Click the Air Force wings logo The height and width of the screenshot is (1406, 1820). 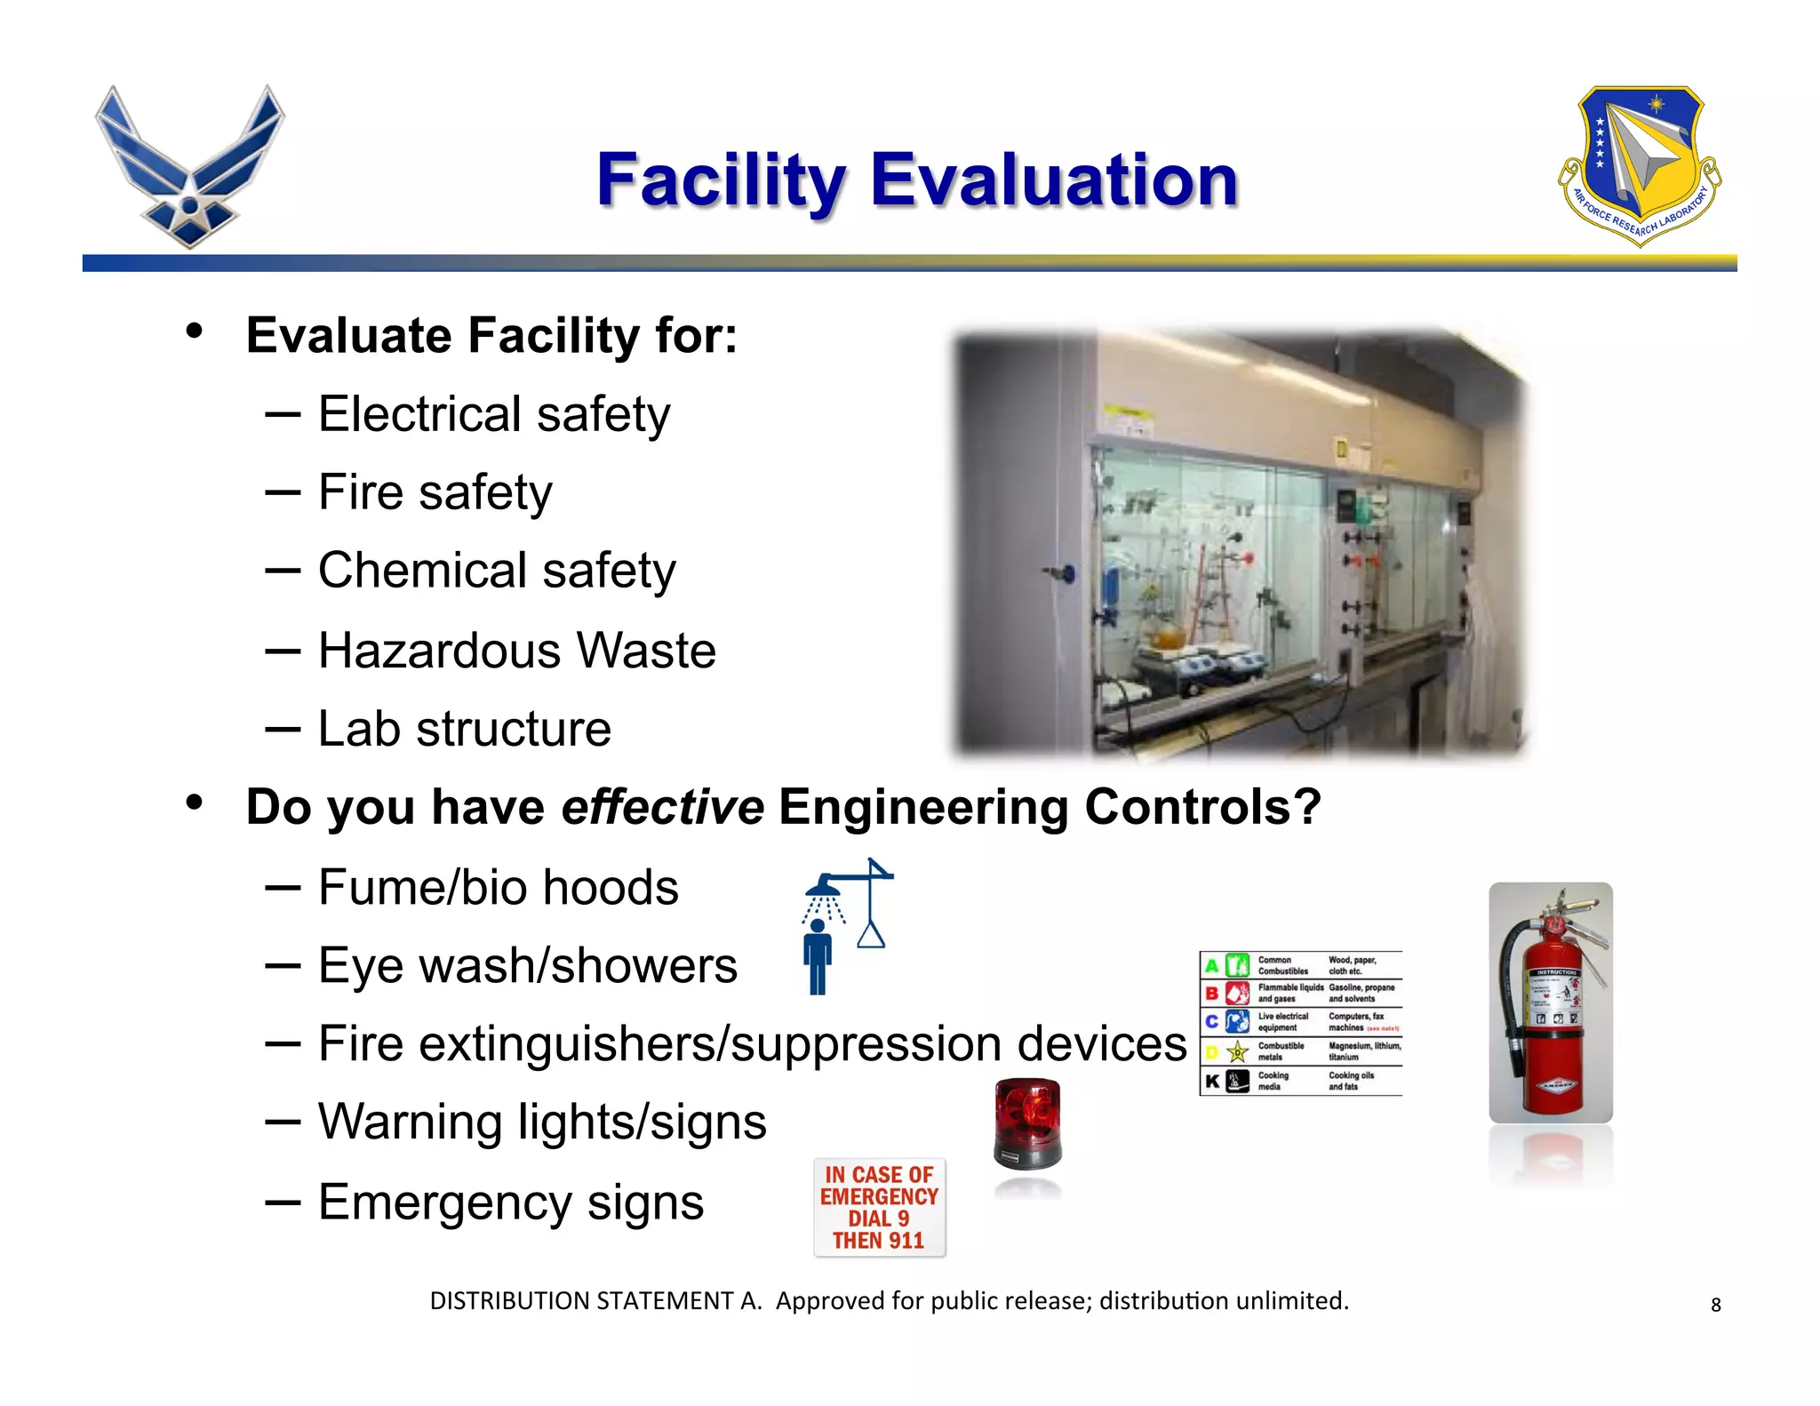coord(189,167)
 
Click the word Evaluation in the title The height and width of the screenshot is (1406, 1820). coord(1054,180)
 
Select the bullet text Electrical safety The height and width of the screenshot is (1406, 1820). coord(494,414)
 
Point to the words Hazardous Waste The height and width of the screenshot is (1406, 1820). coord(517,651)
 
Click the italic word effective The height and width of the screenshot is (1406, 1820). coord(662,807)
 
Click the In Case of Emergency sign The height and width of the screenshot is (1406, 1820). coord(879,1207)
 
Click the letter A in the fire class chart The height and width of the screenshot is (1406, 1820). coord(1211,966)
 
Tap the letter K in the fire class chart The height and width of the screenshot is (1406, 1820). coord(1211,1082)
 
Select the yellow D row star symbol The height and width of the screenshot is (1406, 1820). coord(1237,1053)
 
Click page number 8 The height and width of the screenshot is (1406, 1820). coord(1716,1305)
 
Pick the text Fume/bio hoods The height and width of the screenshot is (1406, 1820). coord(499,887)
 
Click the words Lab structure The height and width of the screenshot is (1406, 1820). coord(465,729)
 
